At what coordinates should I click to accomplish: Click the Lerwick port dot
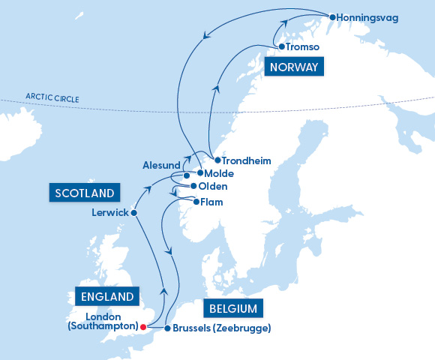click(134, 213)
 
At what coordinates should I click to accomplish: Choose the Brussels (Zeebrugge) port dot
click(167, 328)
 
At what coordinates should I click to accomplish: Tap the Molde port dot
click(189, 173)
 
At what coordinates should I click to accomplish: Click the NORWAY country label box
click(293, 67)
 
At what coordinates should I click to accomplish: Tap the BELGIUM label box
click(232, 308)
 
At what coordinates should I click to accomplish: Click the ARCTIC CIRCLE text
click(52, 97)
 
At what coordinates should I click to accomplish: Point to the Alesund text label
click(161, 164)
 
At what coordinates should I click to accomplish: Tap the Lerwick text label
click(108, 213)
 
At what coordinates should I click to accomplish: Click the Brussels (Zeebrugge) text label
click(221, 328)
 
